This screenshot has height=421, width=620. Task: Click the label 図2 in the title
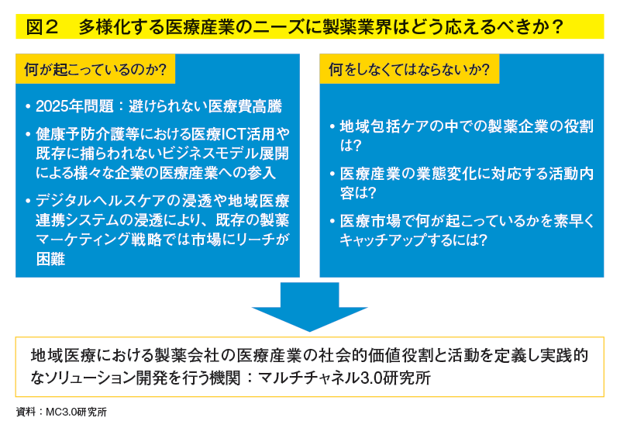point(43,27)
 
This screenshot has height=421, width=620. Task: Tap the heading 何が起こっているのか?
point(95,69)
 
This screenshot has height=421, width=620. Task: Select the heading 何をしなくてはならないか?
point(409,69)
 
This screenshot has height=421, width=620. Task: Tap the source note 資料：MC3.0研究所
point(61,412)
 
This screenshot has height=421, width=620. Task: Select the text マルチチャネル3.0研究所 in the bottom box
point(344,378)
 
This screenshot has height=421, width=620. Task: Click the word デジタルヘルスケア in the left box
point(101,201)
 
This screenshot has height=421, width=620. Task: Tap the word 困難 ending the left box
point(50,259)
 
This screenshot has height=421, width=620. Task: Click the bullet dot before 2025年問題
point(28,106)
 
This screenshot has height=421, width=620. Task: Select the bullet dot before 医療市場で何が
point(332,221)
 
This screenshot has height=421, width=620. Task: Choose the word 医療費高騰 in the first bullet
point(245,106)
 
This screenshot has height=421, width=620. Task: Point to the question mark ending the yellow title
point(556,27)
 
